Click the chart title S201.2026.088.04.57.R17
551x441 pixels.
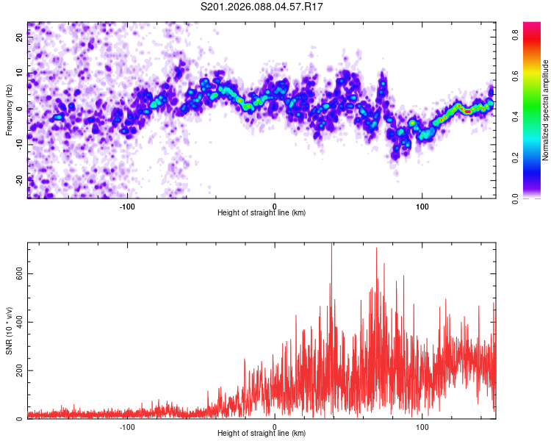[x=262, y=7]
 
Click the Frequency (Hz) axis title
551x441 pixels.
[x=9, y=109]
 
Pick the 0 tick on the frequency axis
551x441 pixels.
[x=21, y=108]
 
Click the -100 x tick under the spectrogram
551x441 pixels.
[x=127, y=206]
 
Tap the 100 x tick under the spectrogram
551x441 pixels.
[x=422, y=206]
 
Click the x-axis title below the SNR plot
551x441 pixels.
[x=262, y=434]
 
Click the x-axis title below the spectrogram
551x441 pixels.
[x=262, y=213]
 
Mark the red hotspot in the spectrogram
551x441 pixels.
[x=467, y=111]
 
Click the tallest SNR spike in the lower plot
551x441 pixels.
[x=331, y=245]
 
